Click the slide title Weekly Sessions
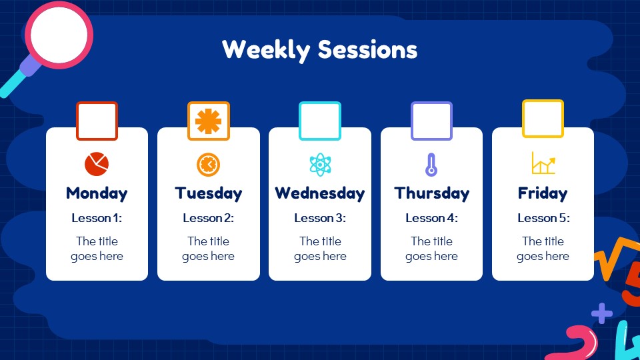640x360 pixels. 319,49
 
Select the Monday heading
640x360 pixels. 97,193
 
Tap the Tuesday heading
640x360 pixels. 208,193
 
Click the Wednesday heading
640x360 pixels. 319,193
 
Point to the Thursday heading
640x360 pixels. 431,193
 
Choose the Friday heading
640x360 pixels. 543,193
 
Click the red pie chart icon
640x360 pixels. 97,163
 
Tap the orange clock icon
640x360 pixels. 208,163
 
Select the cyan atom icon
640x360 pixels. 320,164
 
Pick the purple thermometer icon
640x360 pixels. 431,164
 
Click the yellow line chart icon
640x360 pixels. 543,163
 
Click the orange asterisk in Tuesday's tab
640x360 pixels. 208,121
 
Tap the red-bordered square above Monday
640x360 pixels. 97,121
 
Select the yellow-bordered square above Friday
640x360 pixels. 543,119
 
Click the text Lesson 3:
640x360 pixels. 319,218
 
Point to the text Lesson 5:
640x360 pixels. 543,218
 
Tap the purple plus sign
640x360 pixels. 601,312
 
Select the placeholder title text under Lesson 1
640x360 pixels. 97,249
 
